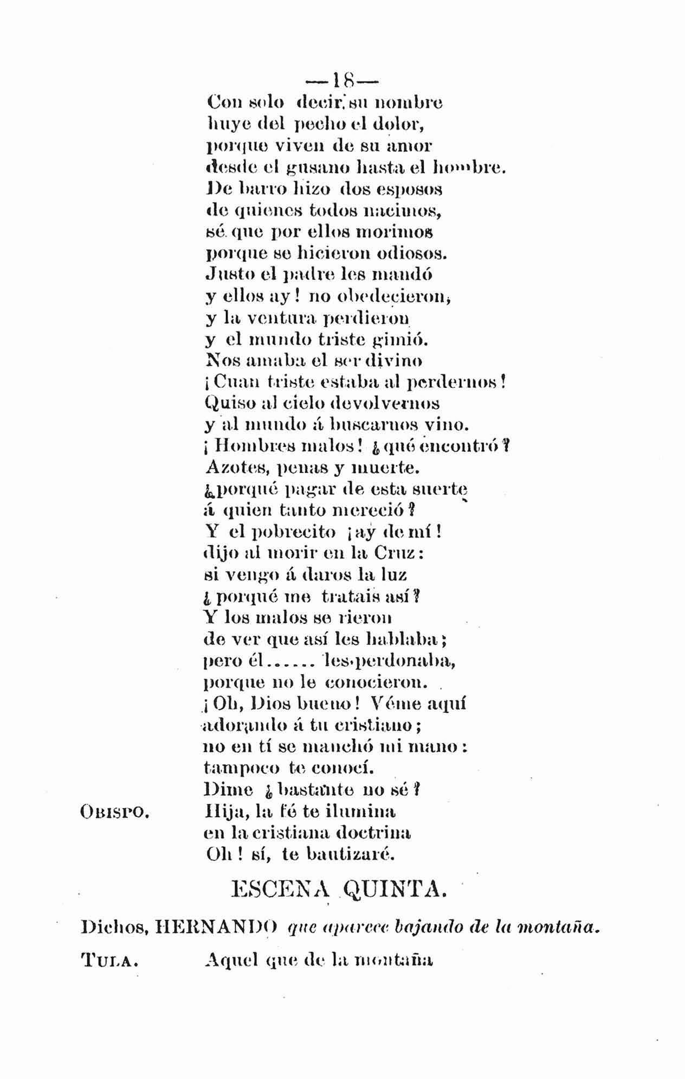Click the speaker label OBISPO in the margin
114,812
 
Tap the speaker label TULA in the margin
108,962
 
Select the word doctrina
373,833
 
